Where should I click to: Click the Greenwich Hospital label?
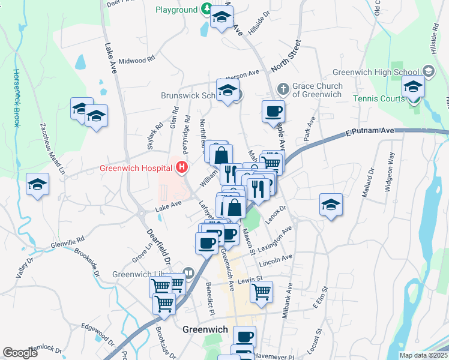139,168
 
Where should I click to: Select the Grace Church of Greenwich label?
317,90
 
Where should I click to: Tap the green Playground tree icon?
206,9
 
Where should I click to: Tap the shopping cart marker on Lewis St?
261,292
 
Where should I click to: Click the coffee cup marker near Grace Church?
274,111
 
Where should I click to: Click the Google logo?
20,353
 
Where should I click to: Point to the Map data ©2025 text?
423,355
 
